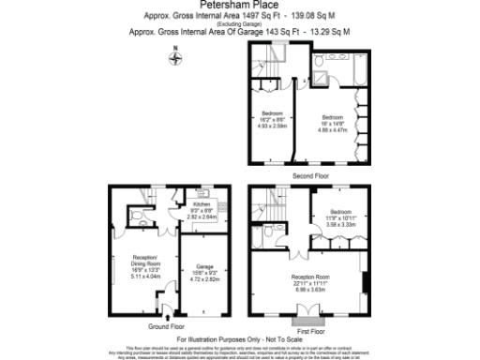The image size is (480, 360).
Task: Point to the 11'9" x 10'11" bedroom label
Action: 339,219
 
